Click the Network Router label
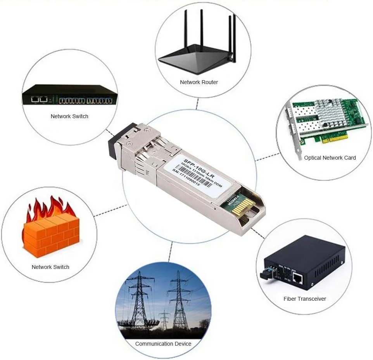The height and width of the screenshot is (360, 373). (x=199, y=82)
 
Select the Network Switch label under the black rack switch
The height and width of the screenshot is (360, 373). (x=69, y=116)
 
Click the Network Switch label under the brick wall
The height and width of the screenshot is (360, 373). (x=50, y=267)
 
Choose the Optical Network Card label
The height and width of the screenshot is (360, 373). (x=330, y=158)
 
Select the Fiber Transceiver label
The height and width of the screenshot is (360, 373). (x=305, y=299)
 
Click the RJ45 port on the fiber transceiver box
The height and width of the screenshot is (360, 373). (x=298, y=277)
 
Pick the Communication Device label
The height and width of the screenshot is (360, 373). (x=163, y=344)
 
